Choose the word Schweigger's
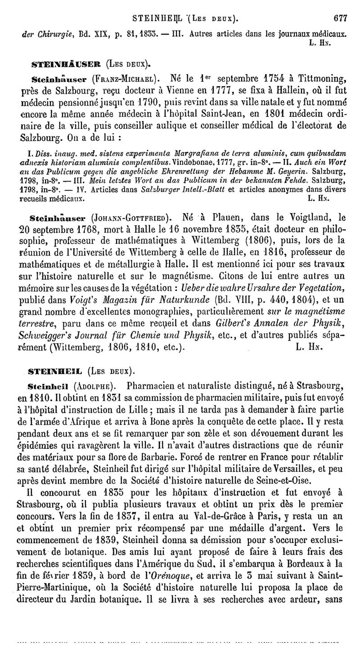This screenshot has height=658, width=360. pyautogui.click(x=48, y=321)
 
